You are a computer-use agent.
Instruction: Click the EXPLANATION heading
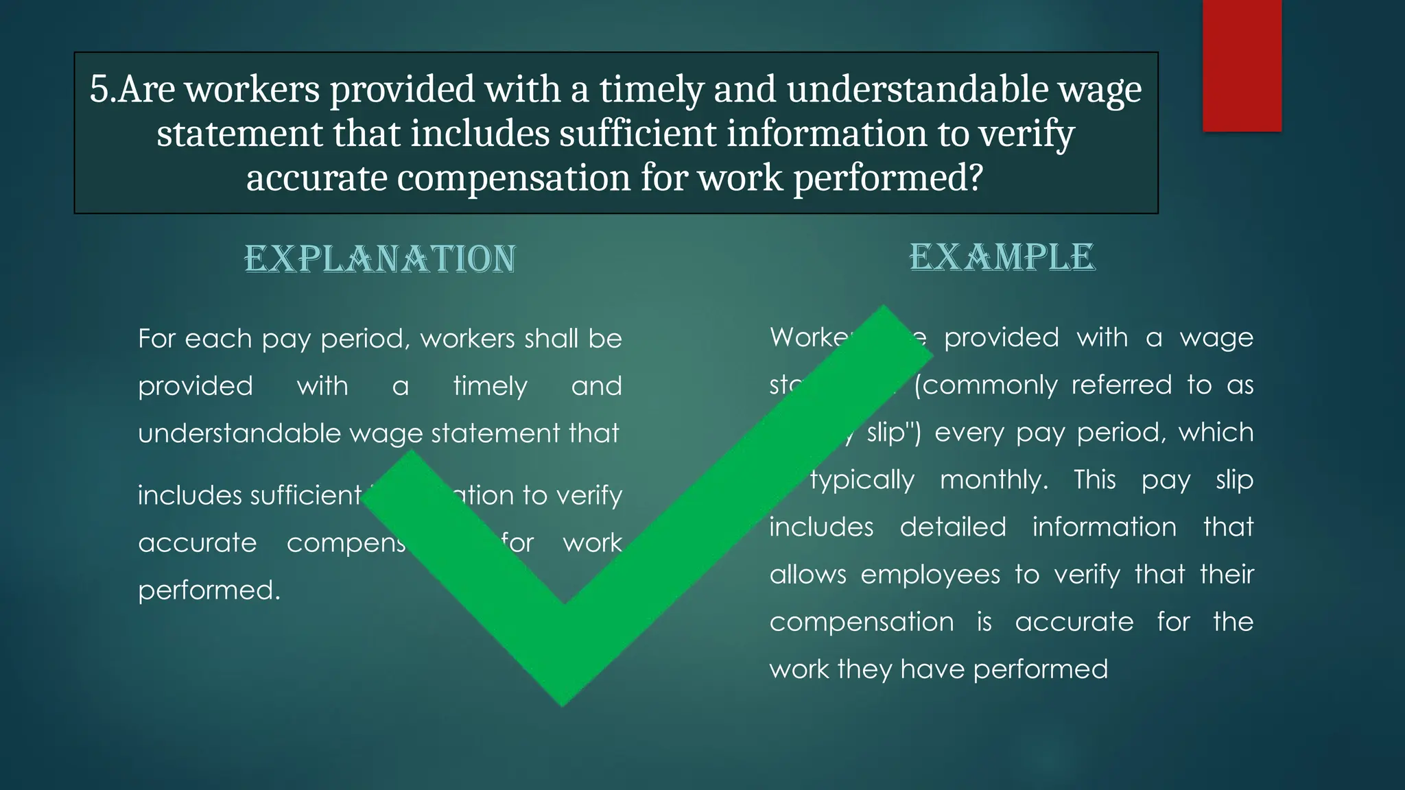point(380,259)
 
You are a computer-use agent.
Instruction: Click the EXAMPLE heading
point(1002,258)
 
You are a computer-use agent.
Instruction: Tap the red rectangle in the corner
point(1242,66)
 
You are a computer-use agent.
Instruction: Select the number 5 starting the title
point(99,89)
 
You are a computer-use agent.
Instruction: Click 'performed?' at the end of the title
point(888,178)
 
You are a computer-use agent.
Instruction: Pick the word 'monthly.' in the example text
point(994,479)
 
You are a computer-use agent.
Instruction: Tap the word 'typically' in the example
point(862,479)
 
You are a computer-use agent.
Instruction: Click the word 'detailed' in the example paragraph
point(953,527)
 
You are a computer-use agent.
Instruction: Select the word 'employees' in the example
point(930,574)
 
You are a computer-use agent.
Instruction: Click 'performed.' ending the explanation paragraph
point(209,590)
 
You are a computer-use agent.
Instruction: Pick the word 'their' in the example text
point(1227,574)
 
